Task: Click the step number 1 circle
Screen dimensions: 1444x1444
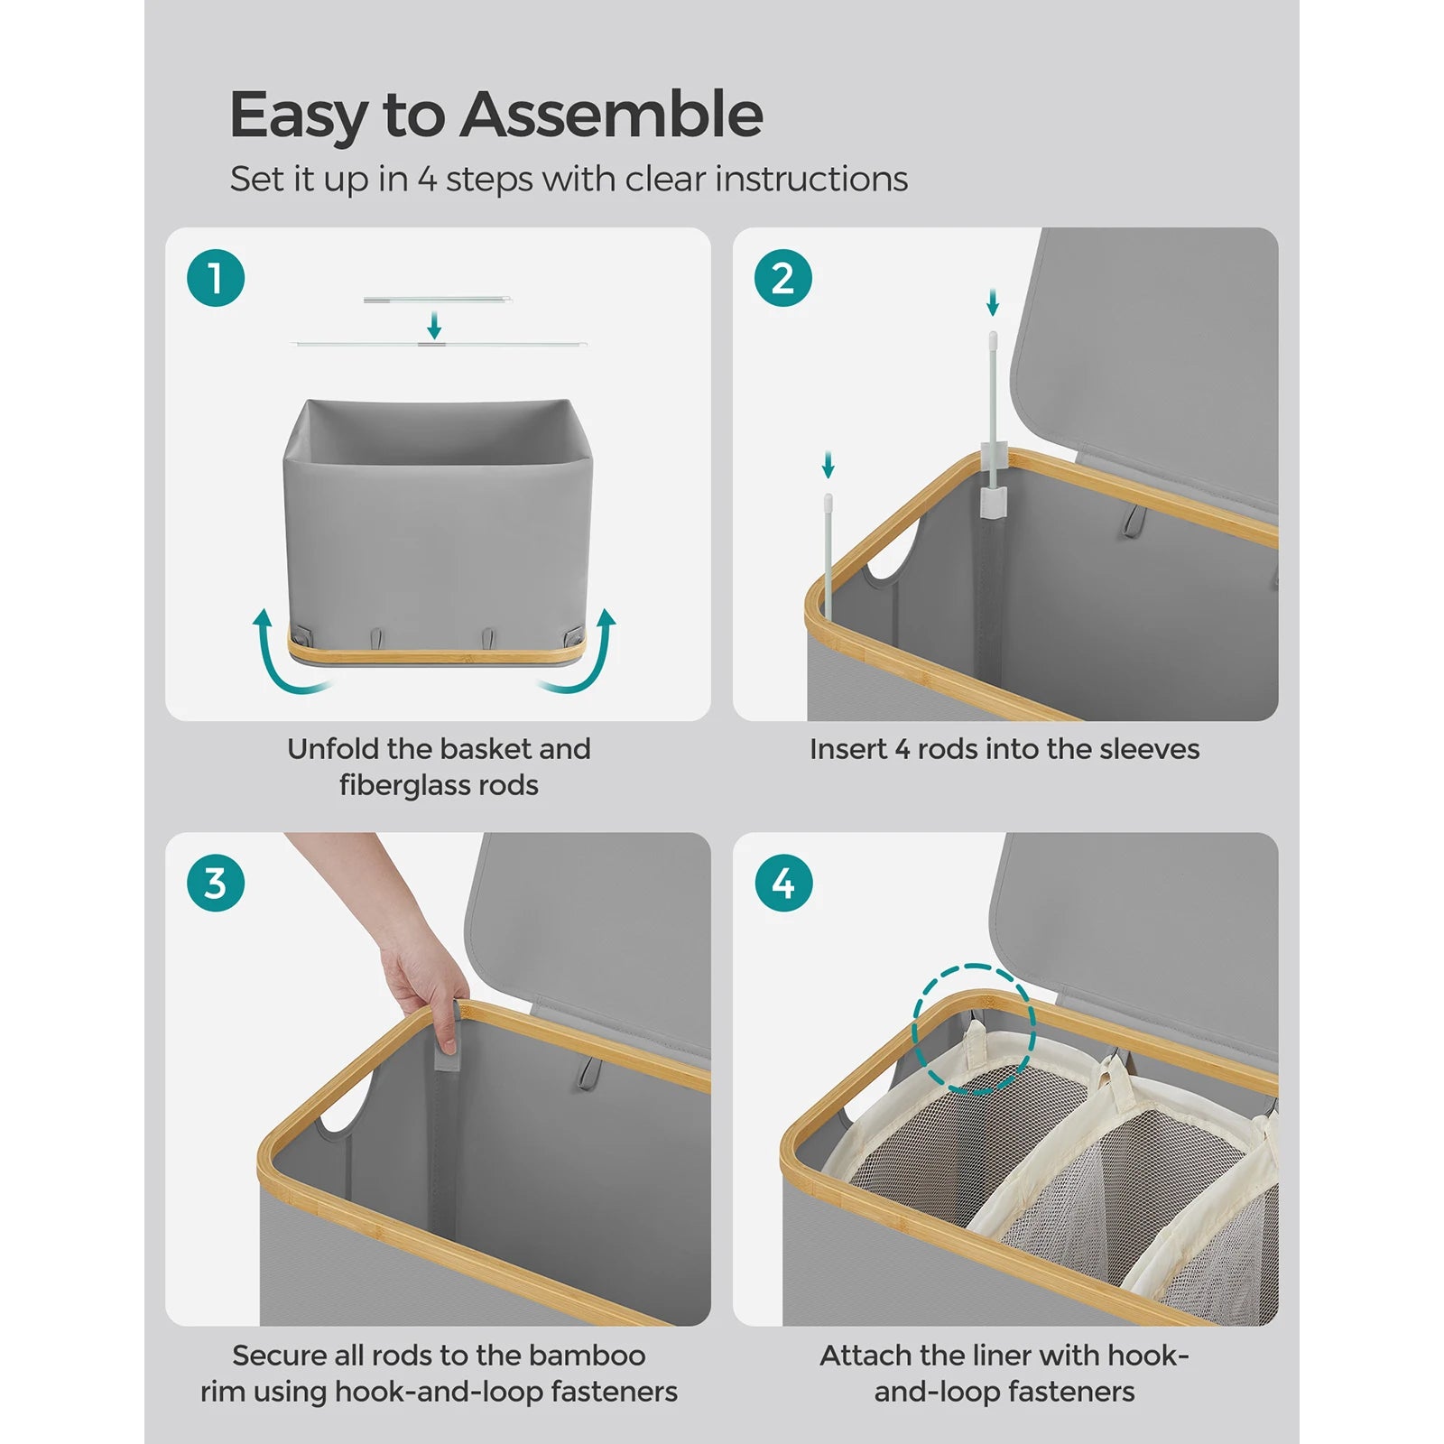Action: [x=216, y=278]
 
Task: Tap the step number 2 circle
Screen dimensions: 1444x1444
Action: [x=782, y=278]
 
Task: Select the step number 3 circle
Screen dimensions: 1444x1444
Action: [x=216, y=883]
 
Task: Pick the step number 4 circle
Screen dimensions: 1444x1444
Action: [x=782, y=883]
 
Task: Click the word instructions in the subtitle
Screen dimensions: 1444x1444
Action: [x=811, y=179]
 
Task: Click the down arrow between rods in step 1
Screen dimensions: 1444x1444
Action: [x=434, y=324]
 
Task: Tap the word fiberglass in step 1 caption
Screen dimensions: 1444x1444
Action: [x=402, y=785]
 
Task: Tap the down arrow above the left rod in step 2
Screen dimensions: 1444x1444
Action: [x=828, y=466]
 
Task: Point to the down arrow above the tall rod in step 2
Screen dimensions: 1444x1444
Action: [x=993, y=302]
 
